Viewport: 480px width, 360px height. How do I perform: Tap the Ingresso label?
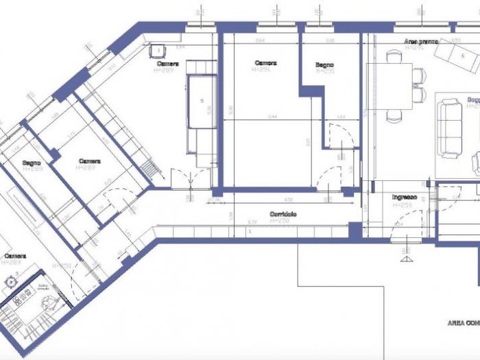405,197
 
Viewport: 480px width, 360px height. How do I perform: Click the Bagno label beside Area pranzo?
324,65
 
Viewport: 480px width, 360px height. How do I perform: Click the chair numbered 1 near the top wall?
158,50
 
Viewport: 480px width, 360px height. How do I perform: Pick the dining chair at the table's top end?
394,57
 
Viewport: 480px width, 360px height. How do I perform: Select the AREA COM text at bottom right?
464,322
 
